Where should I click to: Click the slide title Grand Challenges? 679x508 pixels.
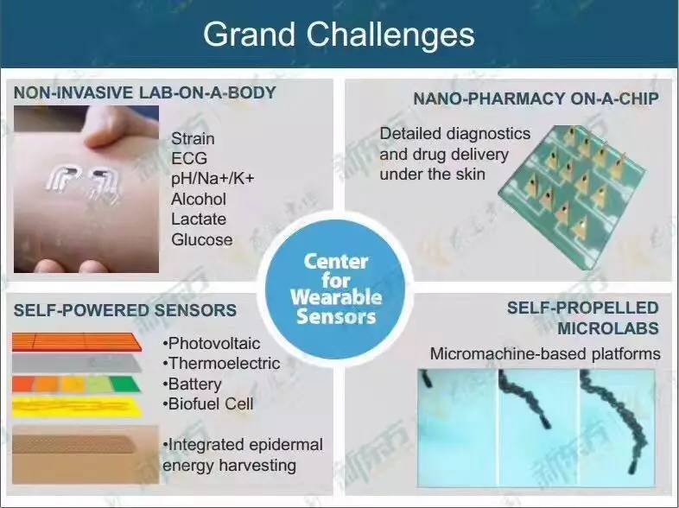pyautogui.click(x=339, y=35)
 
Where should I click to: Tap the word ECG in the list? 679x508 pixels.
pyautogui.click(x=189, y=158)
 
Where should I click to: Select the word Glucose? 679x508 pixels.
pyautogui.click(x=202, y=239)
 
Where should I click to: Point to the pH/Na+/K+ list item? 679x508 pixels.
pyautogui.click(x=213, y=179)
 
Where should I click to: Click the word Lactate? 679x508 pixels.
pyautogui.click(x=199, y=219)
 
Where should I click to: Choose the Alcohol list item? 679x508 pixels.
pyautogui.click(x=199, y=200)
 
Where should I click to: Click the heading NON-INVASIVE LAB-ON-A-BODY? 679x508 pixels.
pyautogui.click(x=144, y=92)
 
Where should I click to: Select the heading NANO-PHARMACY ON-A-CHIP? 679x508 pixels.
pyautogui.click(x=536, y=98)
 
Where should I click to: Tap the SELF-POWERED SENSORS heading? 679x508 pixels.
pyautogui.click(x=125, y=310)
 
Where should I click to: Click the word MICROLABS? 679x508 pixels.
pyautogui.click(x=608, y=328)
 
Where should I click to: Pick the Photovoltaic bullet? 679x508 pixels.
pyautogui.click(x=212, y=344)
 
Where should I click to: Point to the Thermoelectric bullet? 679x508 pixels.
pyautogui.click(x=221, y=364)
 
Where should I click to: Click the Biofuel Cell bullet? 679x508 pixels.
pyautogui.click(x=208, y=403)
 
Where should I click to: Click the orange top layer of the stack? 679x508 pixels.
pyautogui.click(x=77, y=342)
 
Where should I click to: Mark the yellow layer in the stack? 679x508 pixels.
pyautogui.click(x=77, y=408)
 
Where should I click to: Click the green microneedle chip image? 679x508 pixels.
pyautogui.click(x=572, y=197)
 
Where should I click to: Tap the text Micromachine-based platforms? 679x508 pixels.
pyautogui.click(x=545, y=354)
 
